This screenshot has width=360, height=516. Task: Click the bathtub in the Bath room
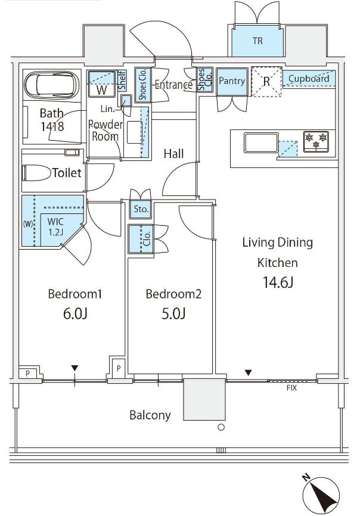click(x=52, y=85)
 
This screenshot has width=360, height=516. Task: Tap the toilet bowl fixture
click(x=37, y=173)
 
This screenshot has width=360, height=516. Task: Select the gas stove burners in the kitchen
click(x=316, y=141)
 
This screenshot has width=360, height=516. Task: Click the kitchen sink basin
click(x=261, y=142)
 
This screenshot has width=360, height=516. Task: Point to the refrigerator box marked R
click(x=266, y=82)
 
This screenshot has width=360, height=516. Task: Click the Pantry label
click(x=232, y=81)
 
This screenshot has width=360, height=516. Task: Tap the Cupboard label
click(x=309, y=79)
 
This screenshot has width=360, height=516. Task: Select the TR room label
click(x=257, y=41)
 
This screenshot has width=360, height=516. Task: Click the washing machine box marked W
click(x=102, y=89)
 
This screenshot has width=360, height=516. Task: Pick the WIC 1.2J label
click(x=55, y=226)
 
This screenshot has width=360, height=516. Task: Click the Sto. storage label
click(x=141, y=209)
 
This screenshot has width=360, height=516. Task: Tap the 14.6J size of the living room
click(x=278, y=282)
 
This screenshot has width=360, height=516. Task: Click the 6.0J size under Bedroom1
click(x=75, y=313)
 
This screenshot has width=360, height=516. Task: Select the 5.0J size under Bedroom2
click(x=173, y=313)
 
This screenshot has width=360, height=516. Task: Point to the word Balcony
click(x=150, y=415)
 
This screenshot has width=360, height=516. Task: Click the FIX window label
click(x=291, y=388)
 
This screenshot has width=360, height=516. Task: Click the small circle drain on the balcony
click(x=222, y=427)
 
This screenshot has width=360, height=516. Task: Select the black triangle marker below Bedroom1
click(x=75, y=368)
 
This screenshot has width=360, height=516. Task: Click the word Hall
click(x=174, y=154)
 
